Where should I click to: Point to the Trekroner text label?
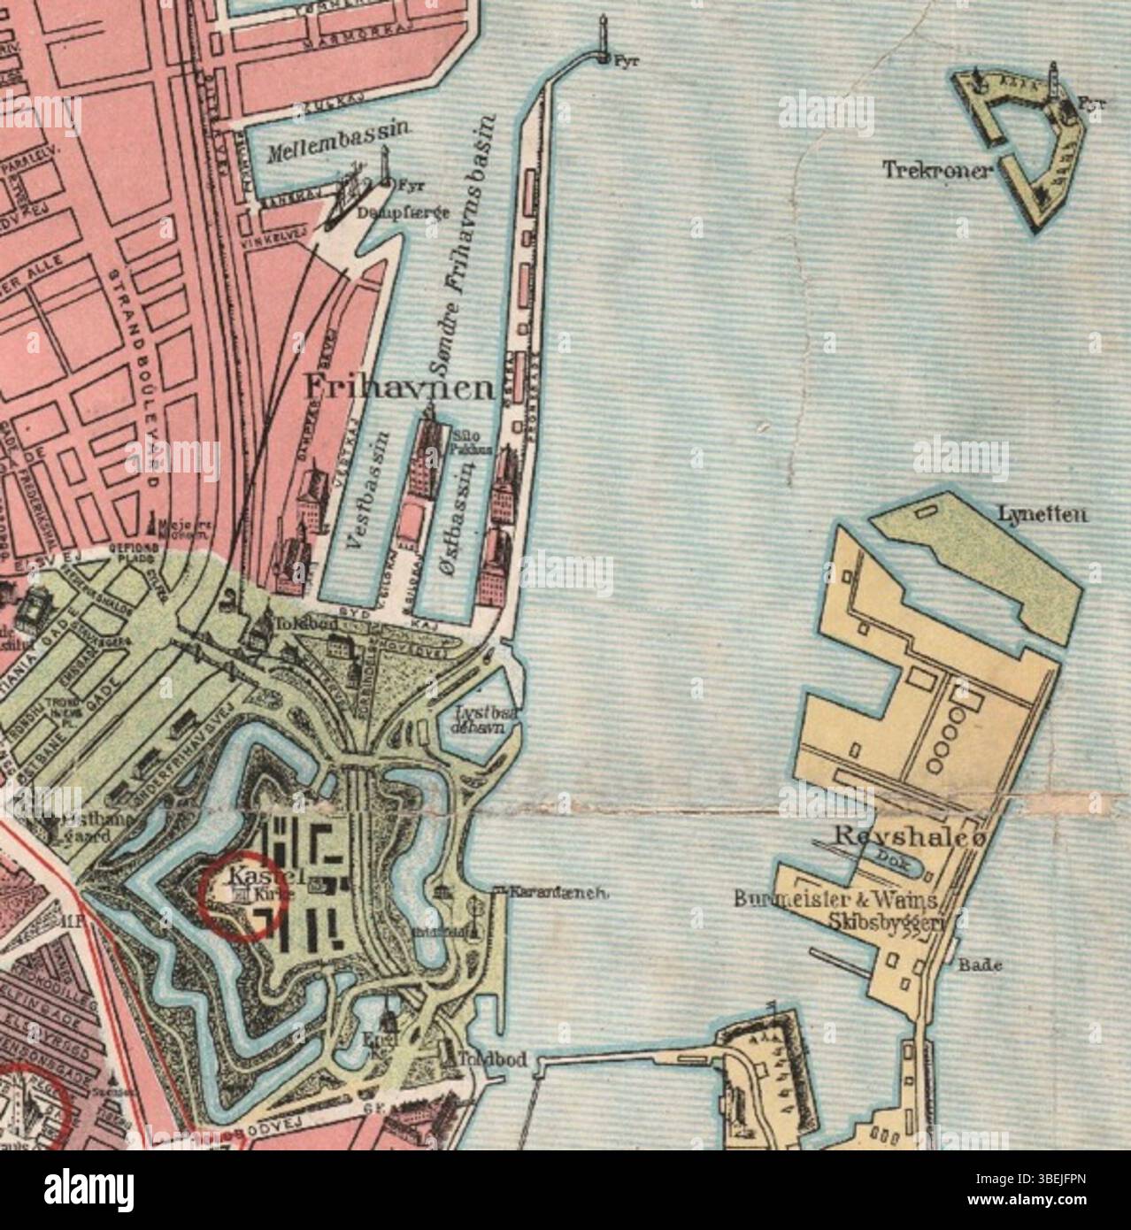[x=935, y=170]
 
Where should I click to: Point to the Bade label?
[x=980, y=965]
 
